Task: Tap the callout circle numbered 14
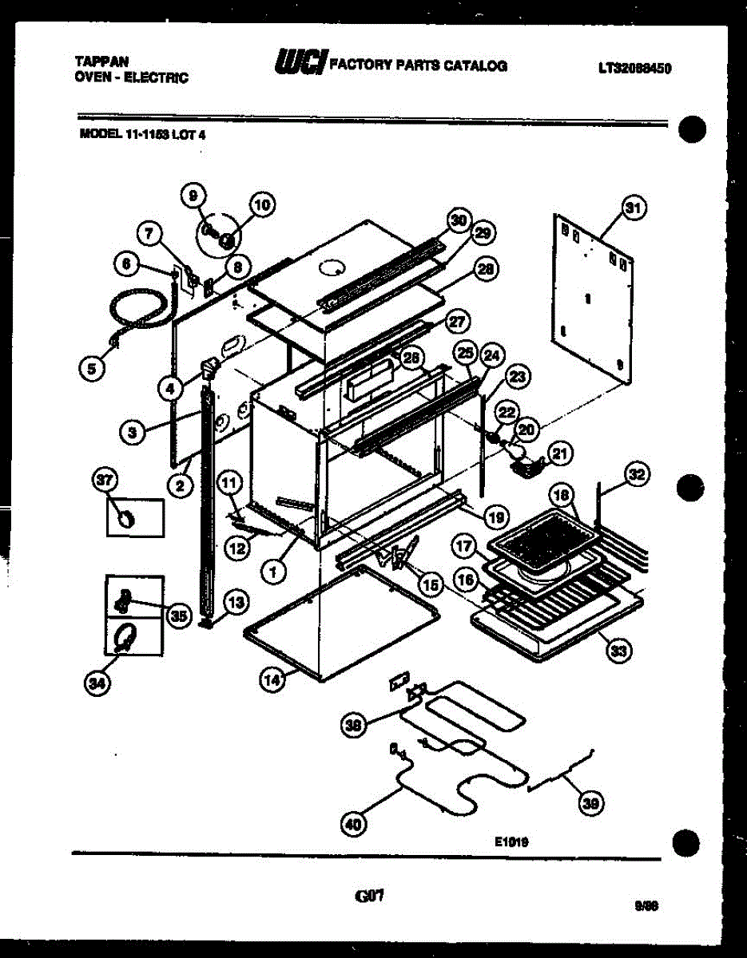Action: point(272,679)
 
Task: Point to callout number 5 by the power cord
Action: point(94,368)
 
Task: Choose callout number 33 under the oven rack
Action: point(618,651)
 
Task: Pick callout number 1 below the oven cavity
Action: point(273,571)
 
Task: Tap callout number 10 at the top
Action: point(261,205)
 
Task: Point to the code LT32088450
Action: point(634,68)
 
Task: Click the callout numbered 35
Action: point(177,615)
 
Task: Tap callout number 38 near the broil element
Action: point(352,725)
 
